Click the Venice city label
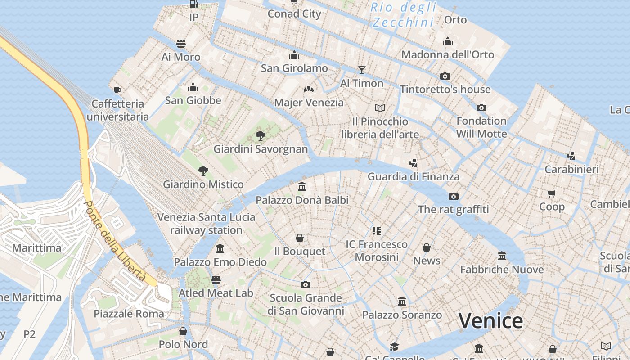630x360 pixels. pyautogui.click(x=490, y=321)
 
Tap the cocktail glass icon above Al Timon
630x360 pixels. pyautogui.click(x=361, y=70)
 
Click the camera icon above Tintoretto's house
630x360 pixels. pyautogui.click(x=445, y=76)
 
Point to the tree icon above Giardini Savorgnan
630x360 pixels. pyautogui.click(x=260, y=135)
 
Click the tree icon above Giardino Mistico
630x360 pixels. pyautogui.click(x=203, y=171)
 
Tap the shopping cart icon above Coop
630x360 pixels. pyautogui.click(x=552, y=193)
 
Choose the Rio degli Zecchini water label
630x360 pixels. pyautogui.click(x=403, y=14)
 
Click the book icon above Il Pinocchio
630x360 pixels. pyautogui.click(x=380, y=108)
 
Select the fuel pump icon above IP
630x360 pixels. pyautogui.click(x=193, y=4)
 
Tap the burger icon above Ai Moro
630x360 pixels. pyautogui.click(x=181, y=44)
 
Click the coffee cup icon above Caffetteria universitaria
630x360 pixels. pyautogui.click(x=117, y=90)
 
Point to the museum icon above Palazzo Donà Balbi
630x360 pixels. pyautogui.click(x=302, y=186)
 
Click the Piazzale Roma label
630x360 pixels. pyautogui.click(x=129, y=314)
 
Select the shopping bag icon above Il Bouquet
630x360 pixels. pyautogui.click(x=299, y=238)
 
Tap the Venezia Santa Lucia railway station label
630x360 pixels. pyautogui.click(x=206, y=224)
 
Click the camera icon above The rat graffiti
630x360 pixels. pyautogui.click(x=453, y=196)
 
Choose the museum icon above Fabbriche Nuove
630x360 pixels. pyautogui.click(x=502, y=256)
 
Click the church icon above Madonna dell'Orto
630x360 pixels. pyautogui.click(x=447, y=41)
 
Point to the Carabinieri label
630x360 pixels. pyautogui.click(x=571, y=169)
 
